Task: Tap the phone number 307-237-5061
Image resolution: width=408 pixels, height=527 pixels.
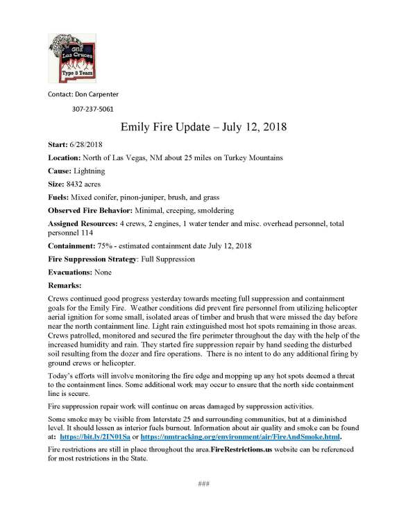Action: coord(93,109)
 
